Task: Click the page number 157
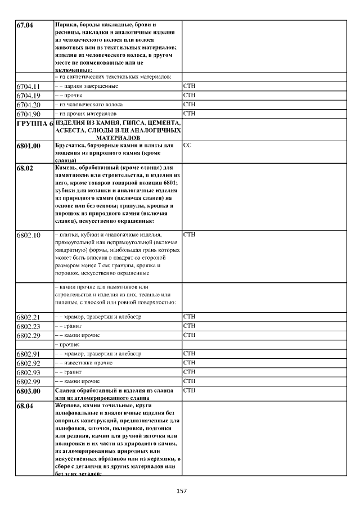coord(181,491)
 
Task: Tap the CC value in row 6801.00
coord(187,146)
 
